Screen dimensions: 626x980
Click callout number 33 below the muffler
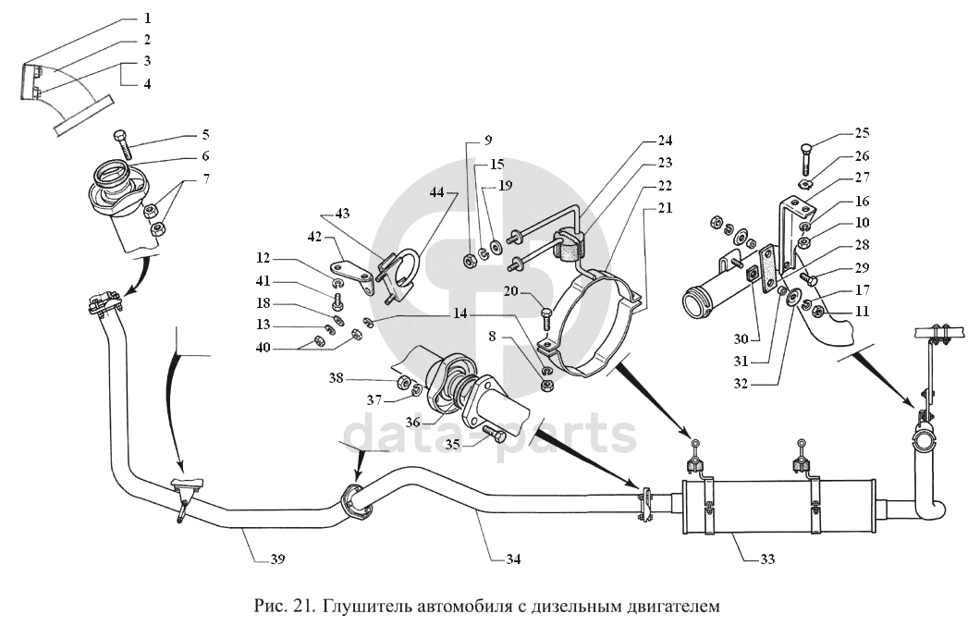(768, 558)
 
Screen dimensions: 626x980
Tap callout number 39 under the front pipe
(277, 558)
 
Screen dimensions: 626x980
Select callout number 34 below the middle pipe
(513, 558)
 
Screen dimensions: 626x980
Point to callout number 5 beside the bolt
(206, 135)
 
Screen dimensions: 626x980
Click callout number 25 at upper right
(862, 133)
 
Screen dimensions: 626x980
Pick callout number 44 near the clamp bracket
(436, 191)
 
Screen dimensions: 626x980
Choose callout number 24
(665, 141)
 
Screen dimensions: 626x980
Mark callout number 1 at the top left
(148, 18)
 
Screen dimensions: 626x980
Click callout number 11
(862, 313)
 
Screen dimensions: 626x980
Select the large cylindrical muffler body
(777, 505)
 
